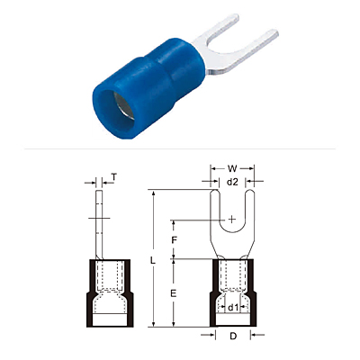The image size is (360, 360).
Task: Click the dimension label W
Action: click(232, 168)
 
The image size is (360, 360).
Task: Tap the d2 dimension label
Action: click(232, 182)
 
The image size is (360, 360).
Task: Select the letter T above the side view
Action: click(114, 177)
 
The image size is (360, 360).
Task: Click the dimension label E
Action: click(173, 293)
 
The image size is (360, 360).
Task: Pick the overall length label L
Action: click(153, 261)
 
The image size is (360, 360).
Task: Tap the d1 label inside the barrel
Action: click(233, 308)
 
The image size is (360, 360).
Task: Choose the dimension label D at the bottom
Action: click(233, 337)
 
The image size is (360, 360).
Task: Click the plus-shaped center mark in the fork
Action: click(232, 220)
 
